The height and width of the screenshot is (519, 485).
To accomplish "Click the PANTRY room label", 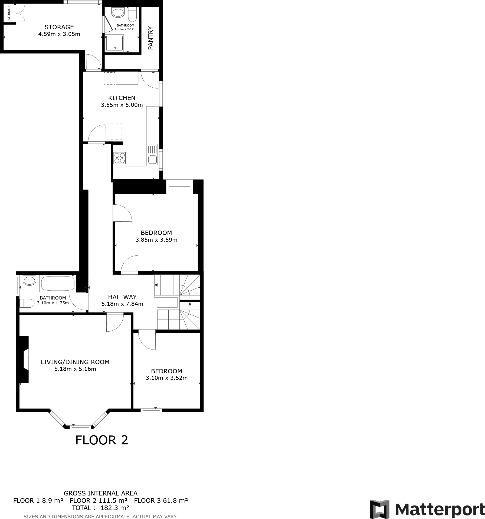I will [151, 38].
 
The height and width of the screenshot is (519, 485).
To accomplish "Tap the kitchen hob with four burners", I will [119, 158].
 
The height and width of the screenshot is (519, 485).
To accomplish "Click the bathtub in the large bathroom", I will [57, 283].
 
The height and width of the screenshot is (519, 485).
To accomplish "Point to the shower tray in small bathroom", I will [114, 43].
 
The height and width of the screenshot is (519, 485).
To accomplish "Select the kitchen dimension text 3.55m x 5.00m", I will [122, 105].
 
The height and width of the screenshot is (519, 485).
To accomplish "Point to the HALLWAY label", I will [122, 297].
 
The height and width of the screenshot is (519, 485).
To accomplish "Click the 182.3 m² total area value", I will [115, 508].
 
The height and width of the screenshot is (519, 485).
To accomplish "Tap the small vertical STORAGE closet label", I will [9, 13].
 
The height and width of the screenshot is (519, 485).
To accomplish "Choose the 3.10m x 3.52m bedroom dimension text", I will [167, 378].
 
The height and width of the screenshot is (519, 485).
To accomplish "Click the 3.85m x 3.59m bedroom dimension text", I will [156, 239].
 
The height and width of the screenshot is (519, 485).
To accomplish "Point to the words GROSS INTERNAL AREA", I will [100, 493].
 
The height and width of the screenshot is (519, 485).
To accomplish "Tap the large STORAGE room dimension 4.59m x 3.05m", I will [59, 34].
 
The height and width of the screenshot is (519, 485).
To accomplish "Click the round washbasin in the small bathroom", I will [118, 12].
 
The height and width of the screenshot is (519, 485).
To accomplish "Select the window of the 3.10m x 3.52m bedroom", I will [151, 410].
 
